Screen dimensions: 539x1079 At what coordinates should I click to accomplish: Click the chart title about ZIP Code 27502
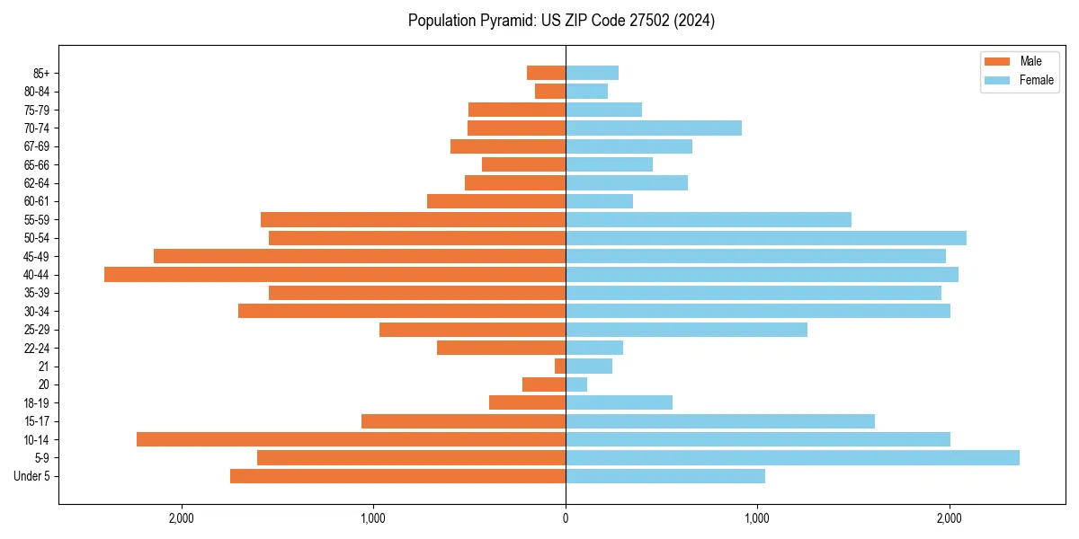point(561,21)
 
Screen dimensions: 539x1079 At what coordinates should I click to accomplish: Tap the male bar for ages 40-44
point(334,274)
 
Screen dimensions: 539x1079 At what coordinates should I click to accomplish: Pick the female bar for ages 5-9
point(792,457)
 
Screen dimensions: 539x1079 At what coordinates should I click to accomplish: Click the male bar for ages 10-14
point(351,439)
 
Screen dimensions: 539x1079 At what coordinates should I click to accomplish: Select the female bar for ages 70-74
point(654,128)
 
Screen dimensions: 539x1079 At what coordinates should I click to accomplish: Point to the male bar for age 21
point(560,366)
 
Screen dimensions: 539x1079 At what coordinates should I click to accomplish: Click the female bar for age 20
point(576,384)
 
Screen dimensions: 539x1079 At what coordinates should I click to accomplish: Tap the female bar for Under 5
point(665,476)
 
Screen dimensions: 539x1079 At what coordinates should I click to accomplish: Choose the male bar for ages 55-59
point(413,219)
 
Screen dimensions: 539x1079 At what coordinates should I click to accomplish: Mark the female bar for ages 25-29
point(686,330)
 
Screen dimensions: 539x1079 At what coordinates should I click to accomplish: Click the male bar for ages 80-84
point(550,91)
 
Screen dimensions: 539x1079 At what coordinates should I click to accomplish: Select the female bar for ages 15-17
point(720,421)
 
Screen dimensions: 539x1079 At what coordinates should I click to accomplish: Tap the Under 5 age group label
point(32,476)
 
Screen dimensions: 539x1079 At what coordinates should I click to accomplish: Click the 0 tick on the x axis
point(566,517)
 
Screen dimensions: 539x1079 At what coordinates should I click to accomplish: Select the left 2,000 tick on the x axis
point(182,517)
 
